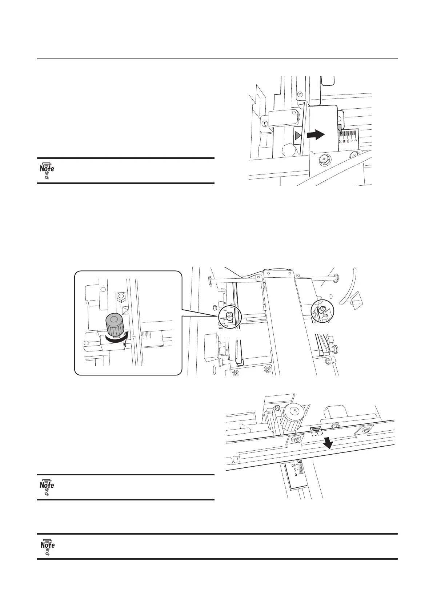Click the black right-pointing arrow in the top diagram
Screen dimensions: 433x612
[x=315, y=135]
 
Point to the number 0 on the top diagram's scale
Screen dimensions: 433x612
[x=356, y=140]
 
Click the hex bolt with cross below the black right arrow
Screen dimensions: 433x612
[x=324, y=160]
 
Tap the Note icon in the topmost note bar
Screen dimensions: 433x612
[x=47, y=170]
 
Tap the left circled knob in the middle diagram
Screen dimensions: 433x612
[x=229, y=315]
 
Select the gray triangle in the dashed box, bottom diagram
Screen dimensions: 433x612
[x=316, y=431]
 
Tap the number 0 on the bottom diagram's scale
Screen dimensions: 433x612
[x=296, y=474]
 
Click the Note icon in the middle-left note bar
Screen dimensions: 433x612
[x=47, y=487]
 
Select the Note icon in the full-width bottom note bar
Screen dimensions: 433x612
[x=47, y=547]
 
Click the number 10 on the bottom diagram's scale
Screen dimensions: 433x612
[x=294, y=465]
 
